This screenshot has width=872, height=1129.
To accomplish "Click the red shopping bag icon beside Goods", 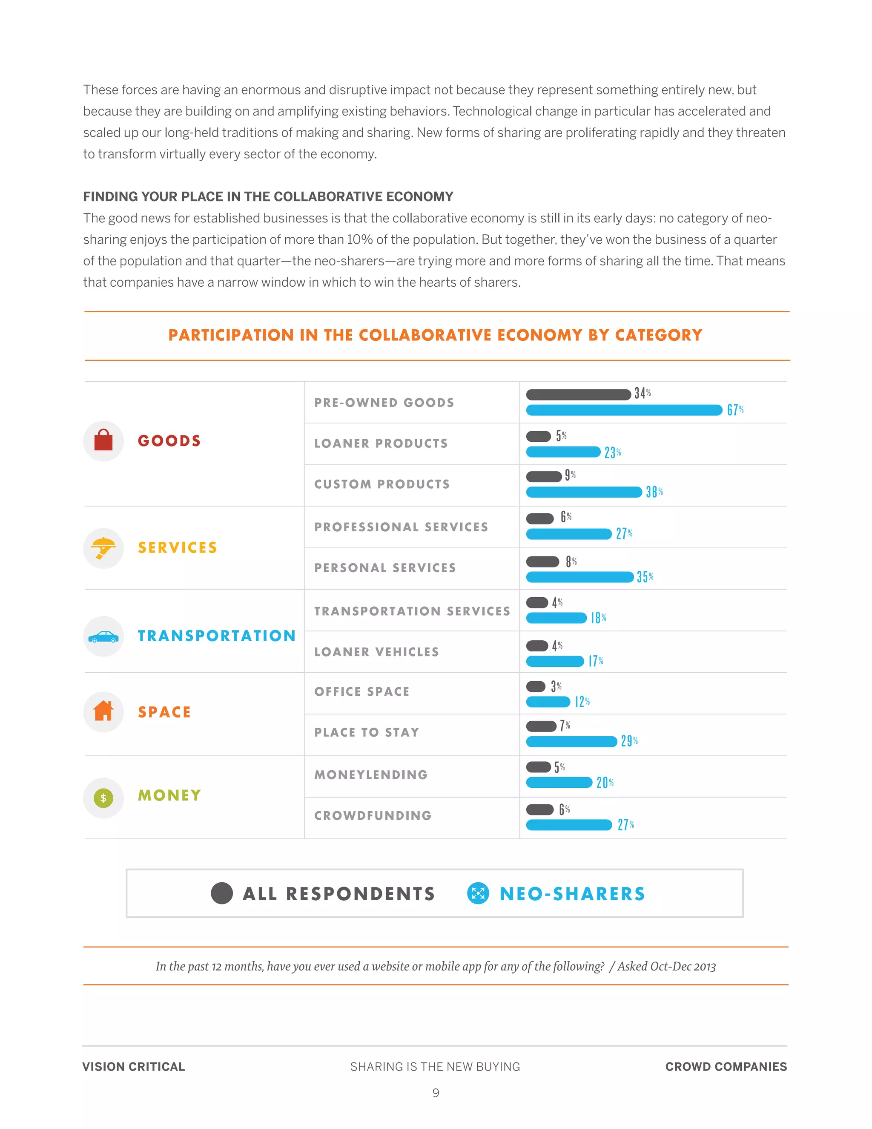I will [103, 441].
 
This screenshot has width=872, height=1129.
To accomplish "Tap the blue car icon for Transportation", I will [103, 637].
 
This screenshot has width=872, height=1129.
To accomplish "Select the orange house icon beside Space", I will [103, 711].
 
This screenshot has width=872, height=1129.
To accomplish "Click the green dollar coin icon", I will [103, 798].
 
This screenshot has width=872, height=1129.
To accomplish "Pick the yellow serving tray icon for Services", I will [103, 548].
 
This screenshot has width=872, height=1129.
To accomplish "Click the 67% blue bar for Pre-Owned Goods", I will [623, 410].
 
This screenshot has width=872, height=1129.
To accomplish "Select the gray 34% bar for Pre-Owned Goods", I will [578, 395].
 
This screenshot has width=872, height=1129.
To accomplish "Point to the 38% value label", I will [654, 492].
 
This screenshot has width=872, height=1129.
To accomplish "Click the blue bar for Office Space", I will [548, 702].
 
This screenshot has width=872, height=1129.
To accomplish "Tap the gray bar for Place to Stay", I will [541, 726].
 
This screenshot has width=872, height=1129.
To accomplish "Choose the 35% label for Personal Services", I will [645, 577].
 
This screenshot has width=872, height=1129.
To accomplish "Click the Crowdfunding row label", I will [373, 815].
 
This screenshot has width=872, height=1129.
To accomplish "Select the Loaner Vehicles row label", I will [376, 652].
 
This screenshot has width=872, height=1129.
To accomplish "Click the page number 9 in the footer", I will [436, 1092].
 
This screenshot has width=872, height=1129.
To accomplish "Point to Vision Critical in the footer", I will [133, 1066].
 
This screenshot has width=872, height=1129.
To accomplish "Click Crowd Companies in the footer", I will [726, 1066].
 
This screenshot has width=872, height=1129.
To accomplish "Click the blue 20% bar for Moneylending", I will [559, 782].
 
